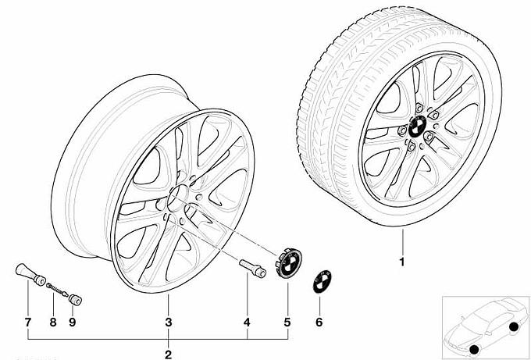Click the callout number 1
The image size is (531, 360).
point(402,262)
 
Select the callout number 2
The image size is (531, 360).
point(169,355)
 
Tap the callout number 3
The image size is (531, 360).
point(169,323)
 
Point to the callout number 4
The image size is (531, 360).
point(248,323)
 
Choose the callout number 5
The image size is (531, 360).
point(287,323)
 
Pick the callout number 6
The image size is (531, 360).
point(319,323)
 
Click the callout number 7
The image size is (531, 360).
point(28,323)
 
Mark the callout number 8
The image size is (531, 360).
point(53,323)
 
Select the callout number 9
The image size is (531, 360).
point(72,323)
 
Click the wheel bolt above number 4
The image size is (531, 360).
point(252,269)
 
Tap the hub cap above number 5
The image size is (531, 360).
point(288,263)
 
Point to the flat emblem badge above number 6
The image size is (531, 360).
point(322,281)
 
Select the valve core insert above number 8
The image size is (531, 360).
point(57,289)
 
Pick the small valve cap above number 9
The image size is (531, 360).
point(75,300)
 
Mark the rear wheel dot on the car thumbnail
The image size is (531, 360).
point(513,326)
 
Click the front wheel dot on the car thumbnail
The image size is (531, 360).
point(475,349)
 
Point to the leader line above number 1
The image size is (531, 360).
point(403,242)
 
